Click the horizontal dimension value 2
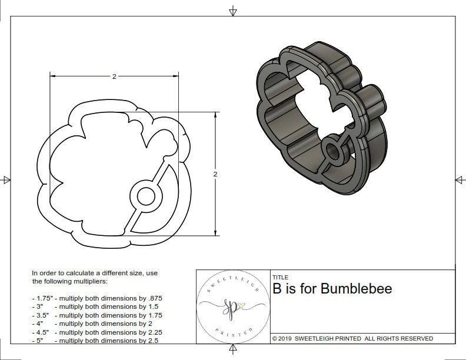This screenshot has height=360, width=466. tap(114, 76)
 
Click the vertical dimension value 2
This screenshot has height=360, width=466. tap(215, 174)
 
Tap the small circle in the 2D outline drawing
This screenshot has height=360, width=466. tap(143, 196)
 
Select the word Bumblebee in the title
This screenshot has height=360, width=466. tap(359, 289)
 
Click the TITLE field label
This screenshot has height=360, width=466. tap(280, 277)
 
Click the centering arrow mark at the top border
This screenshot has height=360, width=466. tap(233, 11)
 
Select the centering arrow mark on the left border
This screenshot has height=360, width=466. tap(6, 179)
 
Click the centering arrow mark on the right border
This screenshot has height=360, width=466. tap(460, 179)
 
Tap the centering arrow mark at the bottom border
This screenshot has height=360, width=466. tap(233, 350)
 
